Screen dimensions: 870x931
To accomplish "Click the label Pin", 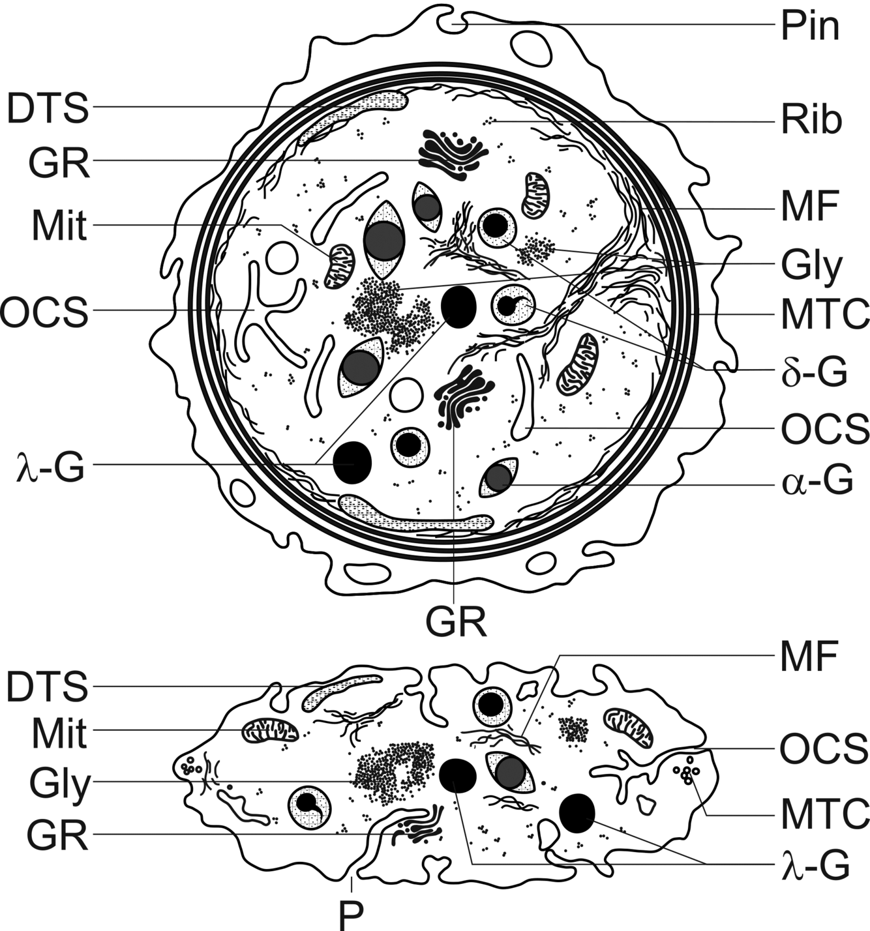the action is click(811, 27).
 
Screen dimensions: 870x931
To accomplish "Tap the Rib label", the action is click(811, 121).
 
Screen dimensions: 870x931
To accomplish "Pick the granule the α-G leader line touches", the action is click(499, 478).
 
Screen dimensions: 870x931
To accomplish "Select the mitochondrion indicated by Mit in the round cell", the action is click(340, 265).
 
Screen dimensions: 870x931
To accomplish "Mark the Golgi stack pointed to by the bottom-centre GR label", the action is click(462, 395).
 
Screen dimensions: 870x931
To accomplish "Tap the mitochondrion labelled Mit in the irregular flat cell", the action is click(269, 730).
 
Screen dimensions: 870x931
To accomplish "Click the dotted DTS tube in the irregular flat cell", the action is click(342, 690).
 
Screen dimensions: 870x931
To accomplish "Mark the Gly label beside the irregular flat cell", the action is click(59, 784).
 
